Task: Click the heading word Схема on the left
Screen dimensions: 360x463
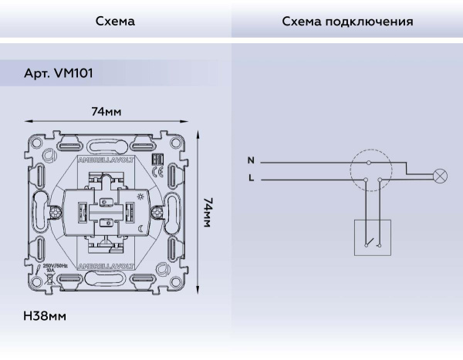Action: pyautogui.click(x=115, y=21)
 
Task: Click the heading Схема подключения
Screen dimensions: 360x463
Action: pyautogui.click(x=347, y=21)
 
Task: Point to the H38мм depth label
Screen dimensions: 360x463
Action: pyautogui.click(x=46, y=316)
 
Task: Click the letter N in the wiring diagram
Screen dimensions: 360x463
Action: pyautogui.click(x=250, y=161)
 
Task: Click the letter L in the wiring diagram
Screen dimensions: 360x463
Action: pyautogui.click(x=251, y=178)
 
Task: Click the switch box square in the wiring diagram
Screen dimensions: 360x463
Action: pyautogui.click(x=373, y=237)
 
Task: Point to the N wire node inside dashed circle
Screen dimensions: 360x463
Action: pyautogui.click(x=368, y=163)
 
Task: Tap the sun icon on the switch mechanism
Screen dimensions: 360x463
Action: pyautogui.click(x=140, y=197)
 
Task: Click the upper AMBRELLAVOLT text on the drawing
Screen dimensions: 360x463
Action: pyautogui.click(x=106, y=160)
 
